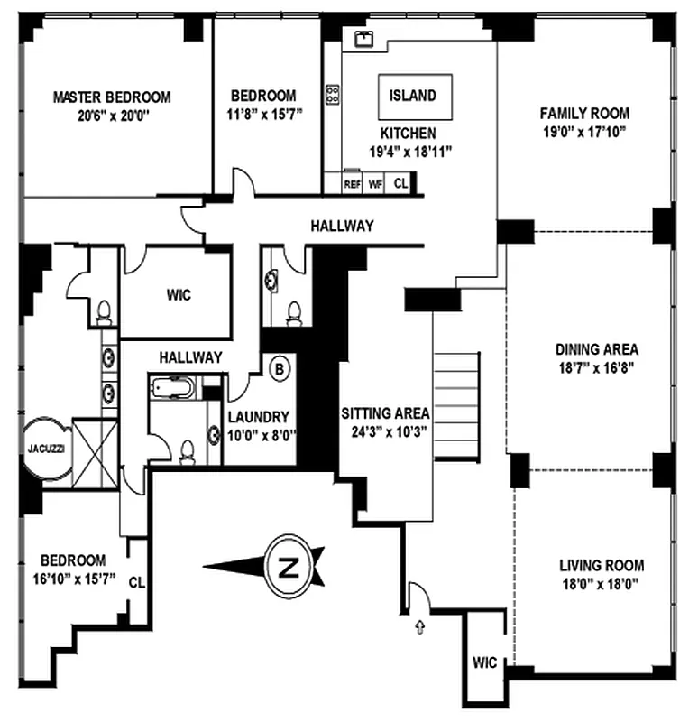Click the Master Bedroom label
112,97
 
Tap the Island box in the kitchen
415,97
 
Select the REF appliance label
353,184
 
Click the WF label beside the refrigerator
375,184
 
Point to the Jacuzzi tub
48,448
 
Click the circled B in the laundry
280,369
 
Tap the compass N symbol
289,567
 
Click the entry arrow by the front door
419,626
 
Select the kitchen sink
363,39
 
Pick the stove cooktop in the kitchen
333,95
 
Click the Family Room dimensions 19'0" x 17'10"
584,132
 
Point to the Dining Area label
597,349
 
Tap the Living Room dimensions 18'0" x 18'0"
601,584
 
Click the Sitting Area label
386,413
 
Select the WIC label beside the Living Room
484,662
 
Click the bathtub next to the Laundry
172,387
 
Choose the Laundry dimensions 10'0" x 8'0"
262,435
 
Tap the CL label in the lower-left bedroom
137,582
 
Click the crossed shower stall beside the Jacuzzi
96,453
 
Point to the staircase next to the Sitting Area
456,406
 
